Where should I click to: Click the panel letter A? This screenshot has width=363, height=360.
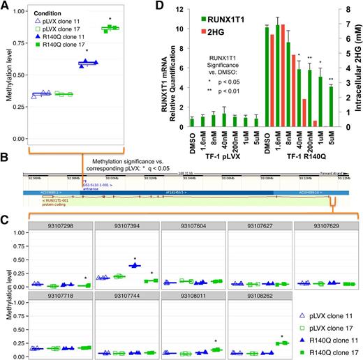click(6, 6)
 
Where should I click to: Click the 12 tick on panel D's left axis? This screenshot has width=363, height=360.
click(181, 10)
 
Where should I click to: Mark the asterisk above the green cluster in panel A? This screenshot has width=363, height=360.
click(110, 20)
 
